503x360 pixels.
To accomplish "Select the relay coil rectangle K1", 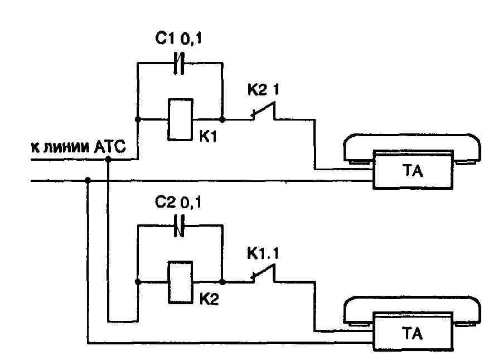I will [180, 119].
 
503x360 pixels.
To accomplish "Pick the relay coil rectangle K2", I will [180, 282].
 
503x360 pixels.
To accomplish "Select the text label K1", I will [208, 137].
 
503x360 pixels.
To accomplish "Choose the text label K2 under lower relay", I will [209, 300].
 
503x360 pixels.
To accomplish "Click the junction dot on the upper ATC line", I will [108, 159].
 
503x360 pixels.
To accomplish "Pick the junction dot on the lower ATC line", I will [88, 180].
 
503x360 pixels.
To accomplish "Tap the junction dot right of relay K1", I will [222, 119].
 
